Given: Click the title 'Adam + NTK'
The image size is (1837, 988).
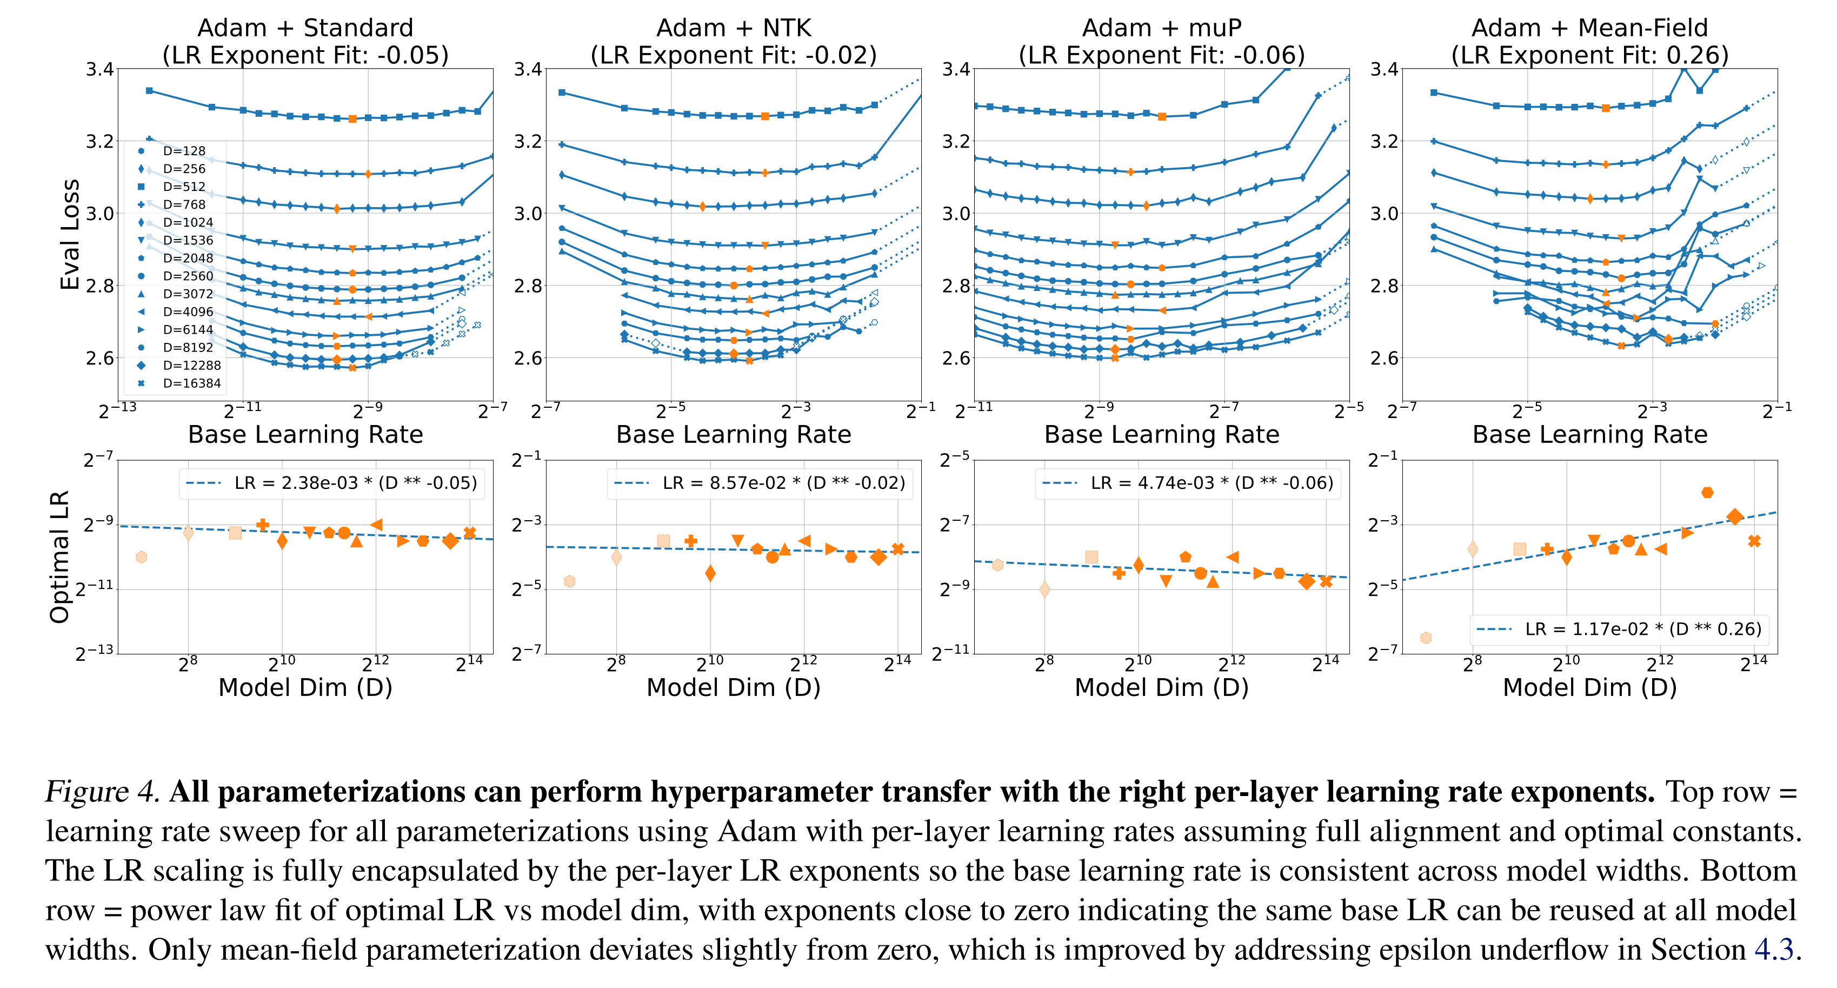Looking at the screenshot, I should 733,28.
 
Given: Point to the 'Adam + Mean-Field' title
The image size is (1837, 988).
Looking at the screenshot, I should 1589,28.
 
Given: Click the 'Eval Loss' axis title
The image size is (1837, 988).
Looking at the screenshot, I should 69,235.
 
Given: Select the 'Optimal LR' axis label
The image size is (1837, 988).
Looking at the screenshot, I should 59,556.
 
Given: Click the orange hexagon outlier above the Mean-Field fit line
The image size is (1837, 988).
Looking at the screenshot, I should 1707,492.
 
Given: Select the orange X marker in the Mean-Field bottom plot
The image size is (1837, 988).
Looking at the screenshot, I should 1754,541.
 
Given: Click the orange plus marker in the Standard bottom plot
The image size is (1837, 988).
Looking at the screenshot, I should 262,525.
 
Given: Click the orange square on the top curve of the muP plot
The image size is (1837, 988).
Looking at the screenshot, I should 1162,116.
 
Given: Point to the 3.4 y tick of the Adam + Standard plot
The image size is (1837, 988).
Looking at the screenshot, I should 100,69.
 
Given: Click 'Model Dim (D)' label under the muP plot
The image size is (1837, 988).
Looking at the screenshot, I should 1161,688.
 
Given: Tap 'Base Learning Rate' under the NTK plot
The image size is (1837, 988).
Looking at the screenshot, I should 733,434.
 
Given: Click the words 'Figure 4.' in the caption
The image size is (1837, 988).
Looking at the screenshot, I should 102,792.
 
